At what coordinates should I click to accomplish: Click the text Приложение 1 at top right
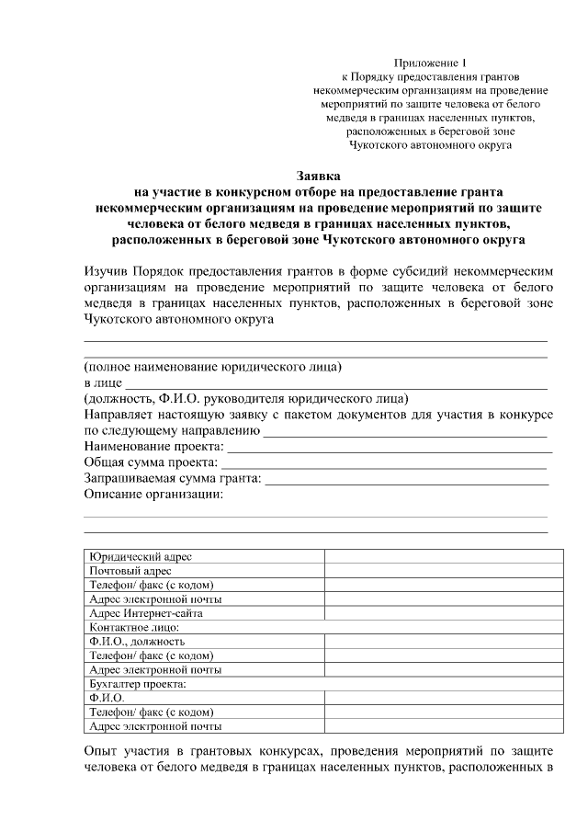[430, 60]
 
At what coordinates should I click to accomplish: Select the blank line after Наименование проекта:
[390, 449]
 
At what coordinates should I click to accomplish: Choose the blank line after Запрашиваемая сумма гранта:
[407, 480]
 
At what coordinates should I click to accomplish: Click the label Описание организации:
[154, 495]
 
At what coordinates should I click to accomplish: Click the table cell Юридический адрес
[141, 557]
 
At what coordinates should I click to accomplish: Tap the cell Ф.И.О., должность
[137, 642]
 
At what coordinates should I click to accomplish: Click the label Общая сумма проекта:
[151, 463]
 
